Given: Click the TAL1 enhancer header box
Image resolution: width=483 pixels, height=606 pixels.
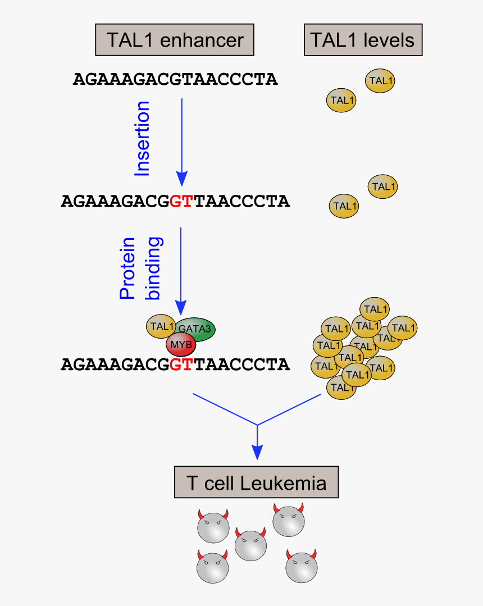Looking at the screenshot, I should [175, 40].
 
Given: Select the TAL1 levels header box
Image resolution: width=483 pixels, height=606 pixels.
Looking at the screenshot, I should [363, 40].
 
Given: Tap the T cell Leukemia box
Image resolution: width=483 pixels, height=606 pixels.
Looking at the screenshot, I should [256, 482].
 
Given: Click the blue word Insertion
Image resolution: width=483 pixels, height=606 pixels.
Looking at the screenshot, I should [143, 139].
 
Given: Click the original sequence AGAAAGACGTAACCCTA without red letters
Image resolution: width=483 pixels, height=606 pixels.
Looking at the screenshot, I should [175, 79].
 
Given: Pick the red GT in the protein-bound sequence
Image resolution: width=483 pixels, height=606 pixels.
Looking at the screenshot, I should [181, 364].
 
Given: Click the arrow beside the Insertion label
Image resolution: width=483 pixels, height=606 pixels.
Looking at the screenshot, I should [181, 140].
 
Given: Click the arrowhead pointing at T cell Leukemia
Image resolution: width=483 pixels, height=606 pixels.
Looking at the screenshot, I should [257, 452].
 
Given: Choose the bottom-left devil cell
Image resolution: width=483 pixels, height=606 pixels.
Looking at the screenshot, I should [213, 567].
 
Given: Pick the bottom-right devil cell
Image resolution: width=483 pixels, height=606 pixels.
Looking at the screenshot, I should [302, 567].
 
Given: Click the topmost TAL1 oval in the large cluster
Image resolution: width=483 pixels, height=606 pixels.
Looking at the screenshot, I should [375, 309].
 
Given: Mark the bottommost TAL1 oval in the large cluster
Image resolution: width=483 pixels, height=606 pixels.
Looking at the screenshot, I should [341, 388].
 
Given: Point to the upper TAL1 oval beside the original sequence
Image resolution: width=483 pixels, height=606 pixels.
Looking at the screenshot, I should [380, 81].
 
